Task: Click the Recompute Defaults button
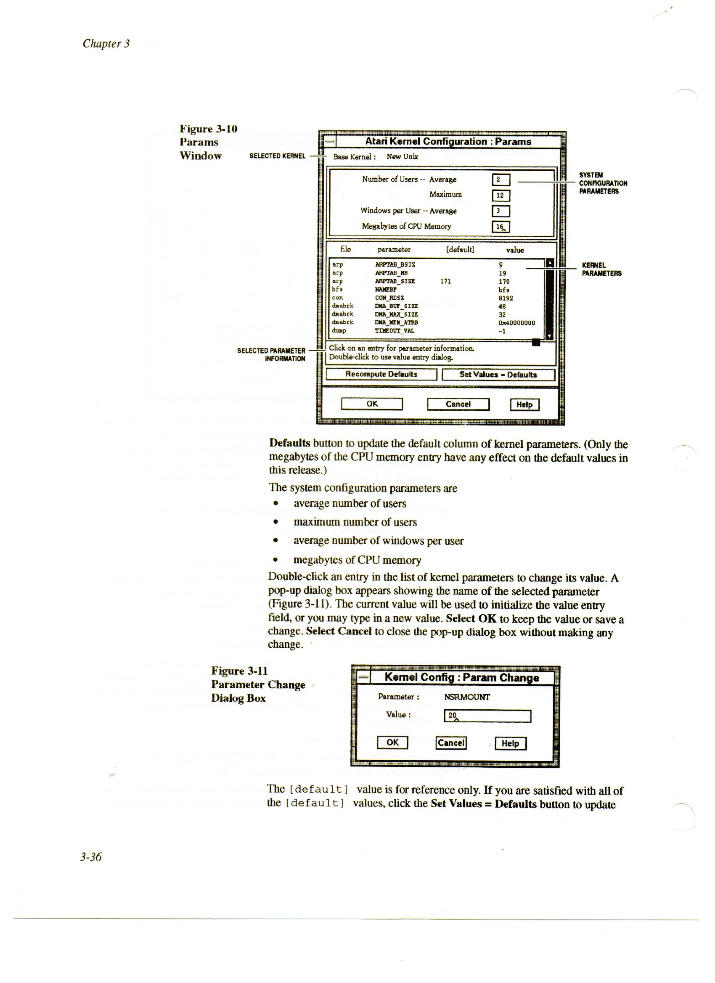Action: (x=381, y=375)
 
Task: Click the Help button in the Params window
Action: (x=524, y=405)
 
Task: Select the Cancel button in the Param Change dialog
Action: (x=451, y=743)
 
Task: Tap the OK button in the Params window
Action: (x=372, y=404)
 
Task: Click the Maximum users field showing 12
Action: (x=501, y=196)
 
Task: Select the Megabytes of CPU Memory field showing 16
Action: (x=501, y=227)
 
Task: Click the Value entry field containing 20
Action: (x=487, y=716)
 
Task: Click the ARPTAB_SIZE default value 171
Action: (x=445, y=281)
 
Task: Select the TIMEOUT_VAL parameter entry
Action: (x=395, y=331)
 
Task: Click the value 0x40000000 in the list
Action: (x=516, y=323)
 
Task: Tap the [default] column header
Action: (x=460, y=250)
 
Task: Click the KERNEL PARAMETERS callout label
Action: (x=601, y=269)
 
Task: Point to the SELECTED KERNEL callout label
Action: (x=278, y=156)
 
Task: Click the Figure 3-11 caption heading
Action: (x=239, y=671)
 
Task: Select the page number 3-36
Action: (x=90, y=856)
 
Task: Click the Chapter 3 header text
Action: (x=106, y=43)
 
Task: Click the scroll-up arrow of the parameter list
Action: (x=550, y=263)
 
